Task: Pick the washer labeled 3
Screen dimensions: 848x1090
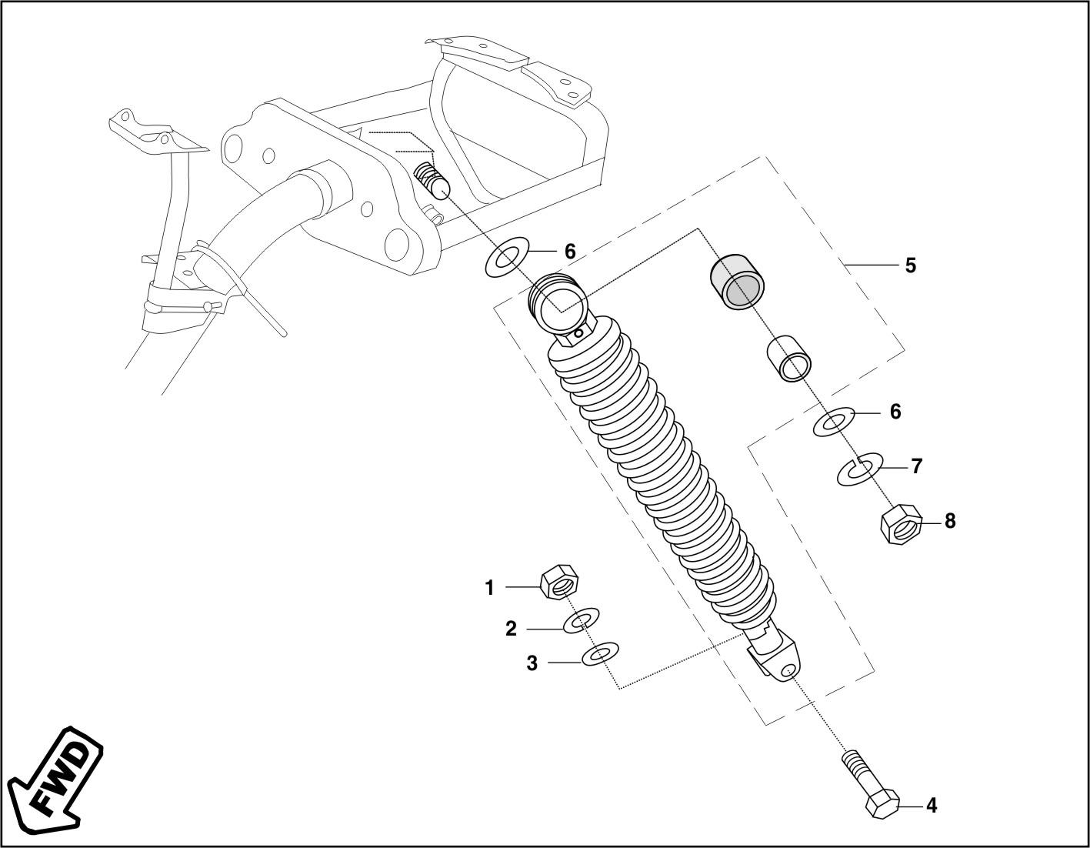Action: (x=600, y=654)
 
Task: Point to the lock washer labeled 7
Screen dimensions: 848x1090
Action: (x=858, y=469)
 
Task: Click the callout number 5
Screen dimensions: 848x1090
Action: (x=910, y=265)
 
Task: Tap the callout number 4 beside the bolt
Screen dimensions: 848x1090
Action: (x=931, y=806)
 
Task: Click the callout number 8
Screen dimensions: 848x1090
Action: (x=950, y=521)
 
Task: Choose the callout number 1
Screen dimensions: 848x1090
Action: (x=489, y=589)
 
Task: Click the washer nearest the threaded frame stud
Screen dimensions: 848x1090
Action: (x=507, y=257)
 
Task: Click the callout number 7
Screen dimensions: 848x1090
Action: (x=916, y=466)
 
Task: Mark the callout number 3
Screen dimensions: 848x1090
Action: (x=532, y=663)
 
